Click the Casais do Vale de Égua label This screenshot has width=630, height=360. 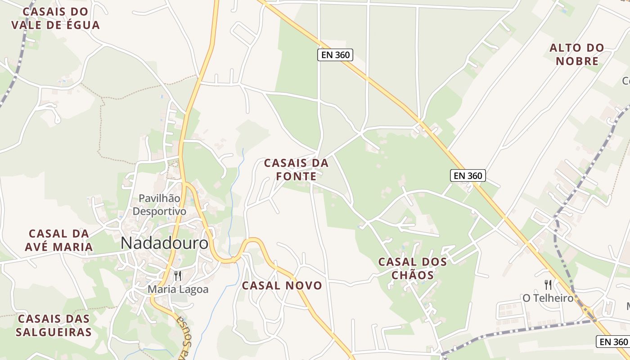[55, 18]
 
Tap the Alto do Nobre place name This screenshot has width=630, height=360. [577, 54]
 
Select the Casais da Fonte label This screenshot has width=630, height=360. [296, 170]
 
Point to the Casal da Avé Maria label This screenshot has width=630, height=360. [60, 240]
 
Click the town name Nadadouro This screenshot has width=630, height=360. [165, 243]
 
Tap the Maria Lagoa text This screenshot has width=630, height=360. [178, 289]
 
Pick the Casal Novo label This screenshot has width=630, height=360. [282, 286]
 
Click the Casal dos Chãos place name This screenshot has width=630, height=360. [413, 268]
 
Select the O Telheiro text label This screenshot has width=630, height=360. [548, 298]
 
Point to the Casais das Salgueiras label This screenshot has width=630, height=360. [54, 325]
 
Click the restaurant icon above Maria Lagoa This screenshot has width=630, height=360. [178, 275]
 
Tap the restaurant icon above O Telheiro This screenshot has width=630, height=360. [548, 284]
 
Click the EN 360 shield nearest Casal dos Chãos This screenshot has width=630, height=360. [468, 175]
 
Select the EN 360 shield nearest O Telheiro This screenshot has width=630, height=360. [612, 342]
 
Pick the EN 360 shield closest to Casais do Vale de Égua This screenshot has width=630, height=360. [335, 55]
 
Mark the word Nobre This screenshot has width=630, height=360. [577, 61]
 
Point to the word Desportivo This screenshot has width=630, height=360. [160, 211]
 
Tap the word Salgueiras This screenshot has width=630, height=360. [54, 332]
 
